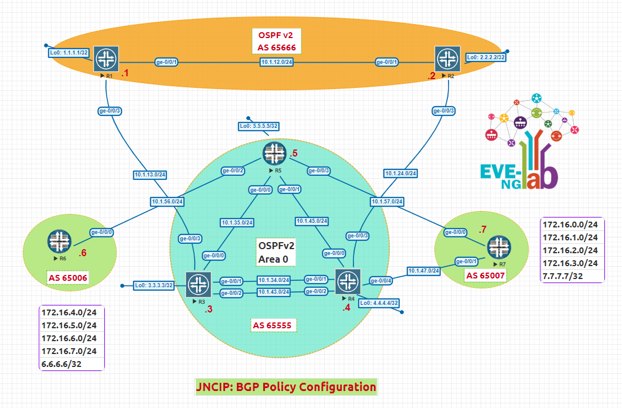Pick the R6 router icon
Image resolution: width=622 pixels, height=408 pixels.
coord(59,240)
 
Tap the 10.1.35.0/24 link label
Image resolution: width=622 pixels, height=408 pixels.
coord(237,223)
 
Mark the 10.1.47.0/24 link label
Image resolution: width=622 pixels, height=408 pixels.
coord(424,271)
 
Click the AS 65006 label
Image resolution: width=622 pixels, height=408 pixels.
coord(68,277)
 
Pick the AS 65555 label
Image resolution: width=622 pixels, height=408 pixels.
coord(272,325)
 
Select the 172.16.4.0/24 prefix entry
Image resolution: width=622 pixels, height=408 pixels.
coord(69,312)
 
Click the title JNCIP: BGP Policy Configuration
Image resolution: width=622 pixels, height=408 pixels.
coord(285,387)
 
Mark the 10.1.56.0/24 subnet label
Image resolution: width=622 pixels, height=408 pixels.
coord(167,202)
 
